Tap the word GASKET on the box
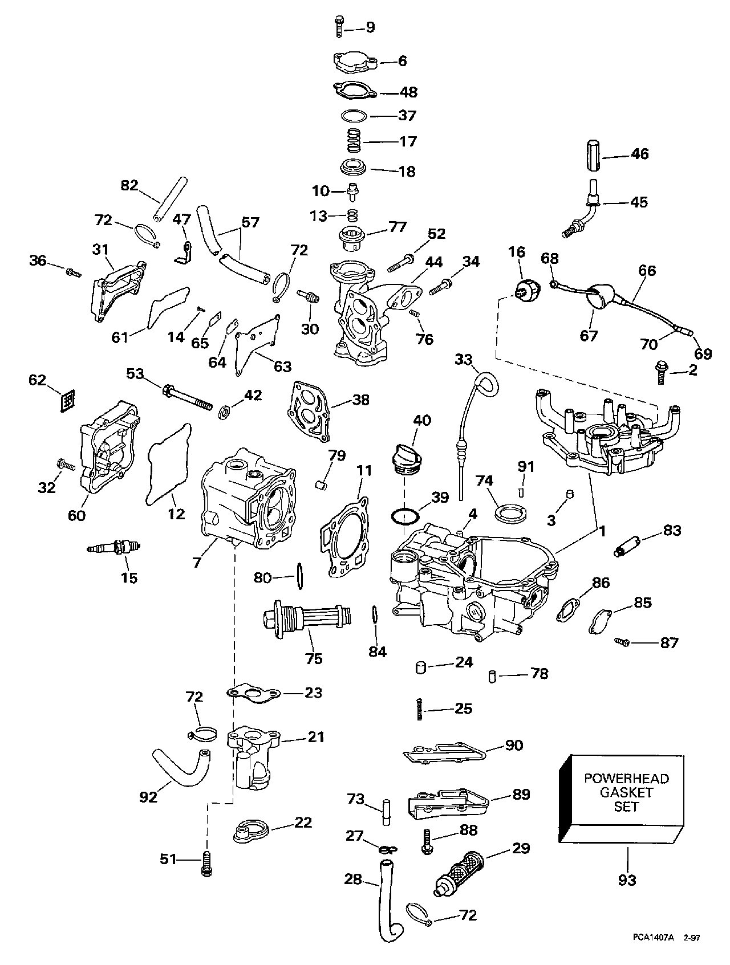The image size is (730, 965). (x=626, y=792)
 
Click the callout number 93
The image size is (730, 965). (x=626, y=880)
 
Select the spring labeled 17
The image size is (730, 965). (x=355, y=141)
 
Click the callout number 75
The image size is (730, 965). (x=314, y=658)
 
